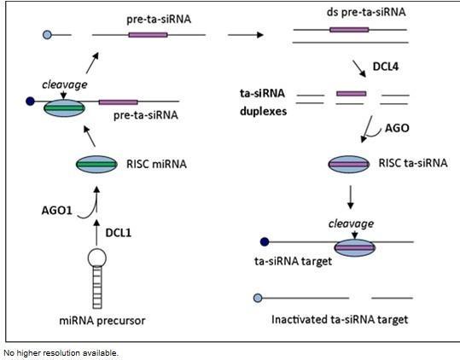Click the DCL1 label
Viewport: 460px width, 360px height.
(x=119, y=233)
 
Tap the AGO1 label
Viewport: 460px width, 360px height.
(x=56, y=211)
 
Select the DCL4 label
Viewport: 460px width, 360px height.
(x=386, y=67)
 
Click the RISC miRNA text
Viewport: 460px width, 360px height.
(x=156, y=164)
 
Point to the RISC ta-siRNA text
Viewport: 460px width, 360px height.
(x=413, y=163)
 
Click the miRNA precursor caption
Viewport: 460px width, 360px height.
(x=102, y=321)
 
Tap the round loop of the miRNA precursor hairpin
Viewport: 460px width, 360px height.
(x=97, y=258)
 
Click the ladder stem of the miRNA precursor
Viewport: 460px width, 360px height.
(x=97, y=287)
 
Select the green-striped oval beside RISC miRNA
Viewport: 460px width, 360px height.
(x=96, y=164)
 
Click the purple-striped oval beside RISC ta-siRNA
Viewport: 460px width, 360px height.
(x=349, y=164)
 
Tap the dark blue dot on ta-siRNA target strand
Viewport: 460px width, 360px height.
(x=265, y=242)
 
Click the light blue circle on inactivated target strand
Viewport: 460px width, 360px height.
(x=258, y=298)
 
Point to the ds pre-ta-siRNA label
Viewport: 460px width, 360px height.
(x=366, y=12)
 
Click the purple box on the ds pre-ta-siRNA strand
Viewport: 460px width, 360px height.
(x=349, y=30)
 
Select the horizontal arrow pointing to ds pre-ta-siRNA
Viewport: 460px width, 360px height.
(x=246, y=35)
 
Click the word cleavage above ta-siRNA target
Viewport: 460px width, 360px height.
(x=351, y=224)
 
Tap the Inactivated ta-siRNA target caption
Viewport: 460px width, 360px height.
(x=340, y=320)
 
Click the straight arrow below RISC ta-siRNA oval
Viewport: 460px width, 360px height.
(x=350, y=197)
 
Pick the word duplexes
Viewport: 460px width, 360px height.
(x=263, y=112)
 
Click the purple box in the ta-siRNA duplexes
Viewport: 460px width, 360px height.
(x=351, y=94)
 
